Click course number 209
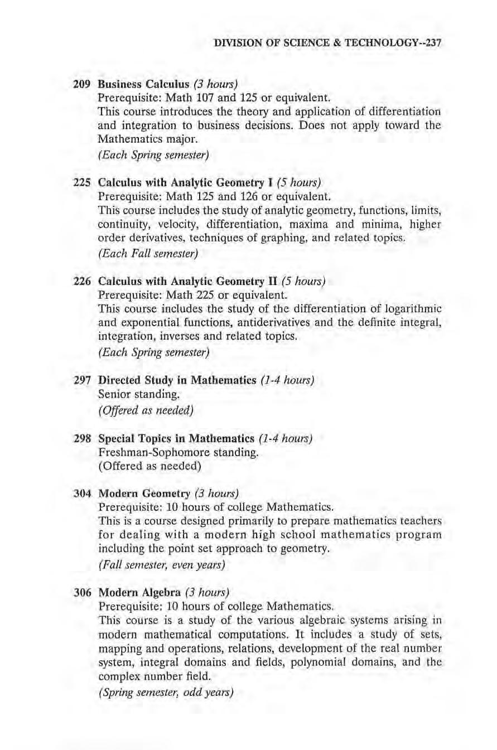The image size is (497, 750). pyautogui.click(x=83, y=85)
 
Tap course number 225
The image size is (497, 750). pyautogui.click(x=83, y=182)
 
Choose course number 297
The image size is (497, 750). pyautogui.click(x=83, y=380)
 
